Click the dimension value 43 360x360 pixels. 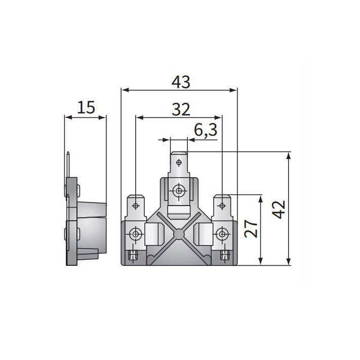pyautogui.click(x=181, y=82)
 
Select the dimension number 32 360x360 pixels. pyautogui.click(x=181, y=109)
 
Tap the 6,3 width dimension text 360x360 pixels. pyautogui.click(x=206, y=131)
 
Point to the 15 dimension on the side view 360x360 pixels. pyautogui.click(x=86, y=107)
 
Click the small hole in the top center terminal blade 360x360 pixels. pyautogui.click(x=179, y=163)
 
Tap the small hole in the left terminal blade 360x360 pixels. pyautogui.click(x=136, y=206)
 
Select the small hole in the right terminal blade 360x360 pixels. pyautogui.click(x=222, y=206)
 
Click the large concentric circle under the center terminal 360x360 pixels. pyautogui.click(x=179, y=191)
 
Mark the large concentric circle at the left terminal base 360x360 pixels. pyautogui.click(x=136, y=234)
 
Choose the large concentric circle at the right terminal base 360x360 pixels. pyautogui.click(x=222, y=234)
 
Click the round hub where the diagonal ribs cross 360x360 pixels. pyautogui.click(x=179, y=234)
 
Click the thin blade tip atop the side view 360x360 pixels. pyautogui.click(x=67, y=154)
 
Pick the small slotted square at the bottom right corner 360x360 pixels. pyautogui.click(x=223, y=256)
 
